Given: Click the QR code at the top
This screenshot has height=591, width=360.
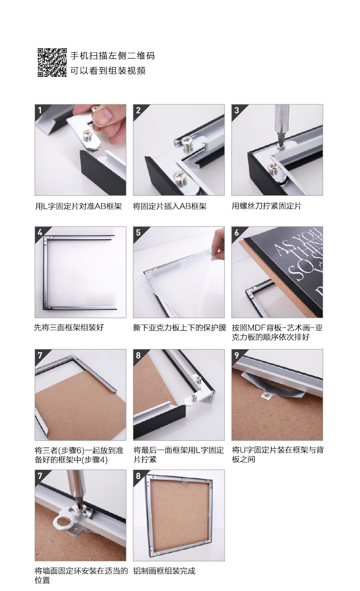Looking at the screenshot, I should click(x=52, y=62).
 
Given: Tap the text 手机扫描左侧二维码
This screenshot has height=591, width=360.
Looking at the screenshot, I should click(x=112, y=56).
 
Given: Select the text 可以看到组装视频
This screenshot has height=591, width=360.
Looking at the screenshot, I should click(x=108, y=71).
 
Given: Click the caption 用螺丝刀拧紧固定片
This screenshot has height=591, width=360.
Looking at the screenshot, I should click(x=266, y=206).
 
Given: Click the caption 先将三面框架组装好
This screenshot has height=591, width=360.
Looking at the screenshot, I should click(x=69, y=327).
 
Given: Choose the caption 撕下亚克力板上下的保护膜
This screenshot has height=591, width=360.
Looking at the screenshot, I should click(x=180, y=327).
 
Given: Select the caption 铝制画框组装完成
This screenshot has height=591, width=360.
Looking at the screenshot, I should click(x=164, y=571).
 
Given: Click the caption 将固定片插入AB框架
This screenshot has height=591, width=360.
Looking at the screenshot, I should click(x=170, y=206).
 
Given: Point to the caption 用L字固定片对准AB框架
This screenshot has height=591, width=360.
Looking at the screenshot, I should click(x=78, y=206).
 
